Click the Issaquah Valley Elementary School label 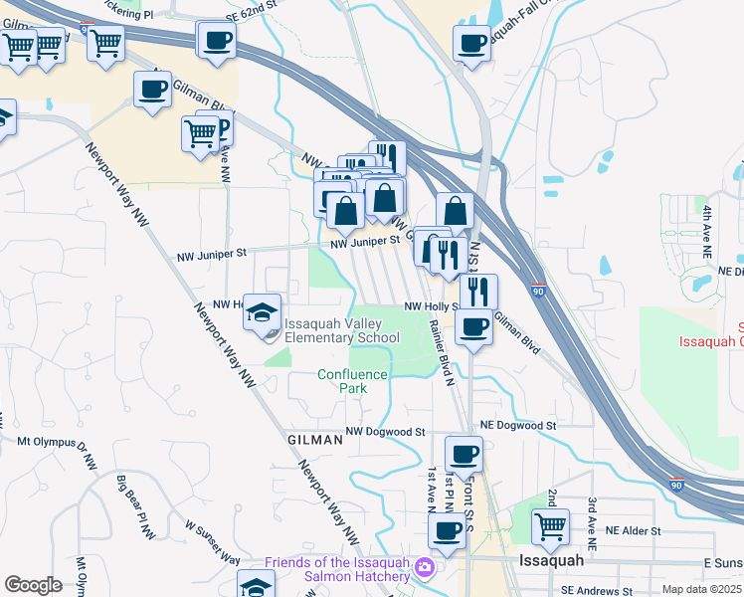(342, 330)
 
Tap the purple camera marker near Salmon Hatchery (426, 567)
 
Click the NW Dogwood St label (385, 432)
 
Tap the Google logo (33, 585)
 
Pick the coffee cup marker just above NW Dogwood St (464, 455)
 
